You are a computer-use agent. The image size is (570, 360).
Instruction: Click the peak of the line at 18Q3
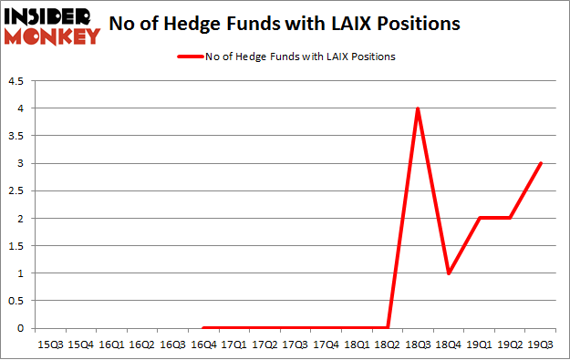[x=418, y=108]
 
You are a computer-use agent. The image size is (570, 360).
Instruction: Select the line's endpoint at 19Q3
[x=541, y=164]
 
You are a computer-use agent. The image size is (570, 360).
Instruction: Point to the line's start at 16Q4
[x=202, y=328]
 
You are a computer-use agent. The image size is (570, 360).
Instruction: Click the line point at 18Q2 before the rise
[x=388, y=328]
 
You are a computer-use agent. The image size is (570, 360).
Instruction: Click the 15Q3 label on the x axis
[x=49, y=344]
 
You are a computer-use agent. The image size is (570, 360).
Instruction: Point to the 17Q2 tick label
[x=264, y=344]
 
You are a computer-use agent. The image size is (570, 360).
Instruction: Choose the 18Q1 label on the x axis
[x=357, y=344]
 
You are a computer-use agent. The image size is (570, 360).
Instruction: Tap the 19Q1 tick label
[x=480, y=344]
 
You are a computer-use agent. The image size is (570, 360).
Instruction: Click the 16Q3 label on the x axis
[x=172, y=344]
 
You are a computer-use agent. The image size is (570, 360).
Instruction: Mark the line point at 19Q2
[x=510, y=219]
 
